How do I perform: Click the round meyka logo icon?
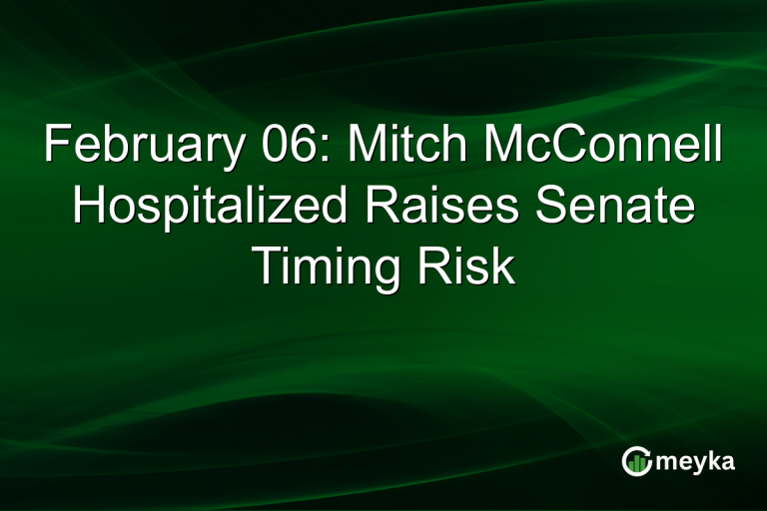(x=636, y=460)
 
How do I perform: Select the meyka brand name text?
(x=696, y=461)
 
